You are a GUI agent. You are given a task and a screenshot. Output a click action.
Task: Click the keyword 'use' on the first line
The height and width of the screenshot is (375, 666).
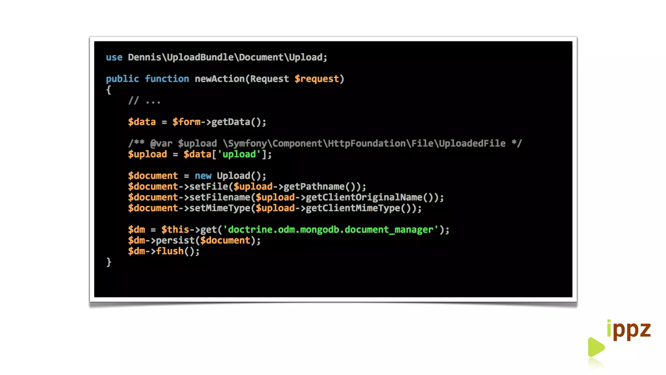click(x=114, y=57)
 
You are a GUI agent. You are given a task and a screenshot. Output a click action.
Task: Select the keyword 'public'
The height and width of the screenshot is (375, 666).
click(x=122, y=79)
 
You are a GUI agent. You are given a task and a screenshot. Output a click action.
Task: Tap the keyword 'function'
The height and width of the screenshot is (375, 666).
click(x=167, y=79)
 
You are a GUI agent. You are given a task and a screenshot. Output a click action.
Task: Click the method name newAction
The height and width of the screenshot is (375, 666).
click(x=220, y=79)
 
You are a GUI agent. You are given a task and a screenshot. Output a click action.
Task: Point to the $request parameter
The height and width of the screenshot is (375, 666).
click(x=317, y=79)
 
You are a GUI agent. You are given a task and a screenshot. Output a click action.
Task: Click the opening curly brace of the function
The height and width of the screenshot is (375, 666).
click(x=109, y=90)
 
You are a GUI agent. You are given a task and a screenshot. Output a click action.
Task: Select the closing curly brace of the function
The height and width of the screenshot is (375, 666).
click(x=109, y=262)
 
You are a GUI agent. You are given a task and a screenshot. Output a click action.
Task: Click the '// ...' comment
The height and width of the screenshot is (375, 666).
click(x=144, y=101)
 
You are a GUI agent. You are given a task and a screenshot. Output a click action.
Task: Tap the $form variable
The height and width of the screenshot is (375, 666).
click(x=186, y=122)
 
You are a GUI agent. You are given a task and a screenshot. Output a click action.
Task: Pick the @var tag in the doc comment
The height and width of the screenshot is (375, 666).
click(x=161, y=144)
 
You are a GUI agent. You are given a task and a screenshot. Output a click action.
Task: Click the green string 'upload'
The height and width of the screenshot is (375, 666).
click(x=239, y=154)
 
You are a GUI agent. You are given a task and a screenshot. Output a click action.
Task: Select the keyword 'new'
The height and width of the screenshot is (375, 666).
click(x=203, y=176)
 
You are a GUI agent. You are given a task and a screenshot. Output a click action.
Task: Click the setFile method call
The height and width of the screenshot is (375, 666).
click(x=208, y=187)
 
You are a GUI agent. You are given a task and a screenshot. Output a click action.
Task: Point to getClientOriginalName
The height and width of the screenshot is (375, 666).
click(x=364, y=197)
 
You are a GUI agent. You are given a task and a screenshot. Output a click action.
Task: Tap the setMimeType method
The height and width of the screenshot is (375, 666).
click(x=220, y=208)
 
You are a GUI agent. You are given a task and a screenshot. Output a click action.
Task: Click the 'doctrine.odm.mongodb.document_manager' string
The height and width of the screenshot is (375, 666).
click(x=330, y=230)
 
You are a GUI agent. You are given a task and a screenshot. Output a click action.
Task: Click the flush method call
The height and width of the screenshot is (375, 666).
click(x=170, y=251)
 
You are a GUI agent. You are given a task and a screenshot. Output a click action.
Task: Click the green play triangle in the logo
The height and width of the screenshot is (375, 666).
click(x=595, y=347)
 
